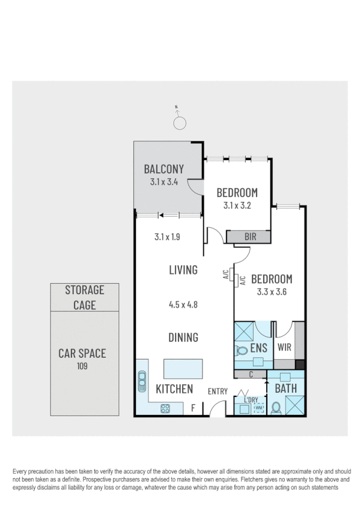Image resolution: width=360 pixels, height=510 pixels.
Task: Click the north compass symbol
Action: point(178,122)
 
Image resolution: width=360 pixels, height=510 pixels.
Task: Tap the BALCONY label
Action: point(163,169)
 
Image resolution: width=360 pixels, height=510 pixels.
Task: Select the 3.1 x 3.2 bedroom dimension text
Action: point(236,205)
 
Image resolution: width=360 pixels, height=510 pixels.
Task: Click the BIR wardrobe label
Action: point(249,237)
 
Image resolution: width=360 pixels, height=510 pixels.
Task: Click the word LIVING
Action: point(183,270)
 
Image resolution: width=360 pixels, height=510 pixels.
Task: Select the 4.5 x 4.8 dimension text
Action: point(183,304)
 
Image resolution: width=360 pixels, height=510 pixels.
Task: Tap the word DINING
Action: point(183,337)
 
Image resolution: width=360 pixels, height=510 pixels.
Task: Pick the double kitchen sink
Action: point(142,381)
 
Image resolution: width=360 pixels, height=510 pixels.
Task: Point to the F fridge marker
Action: point(193,408)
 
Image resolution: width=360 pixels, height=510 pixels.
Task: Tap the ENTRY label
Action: point(218,392)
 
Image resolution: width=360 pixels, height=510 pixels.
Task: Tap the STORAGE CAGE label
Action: point(84,297)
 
